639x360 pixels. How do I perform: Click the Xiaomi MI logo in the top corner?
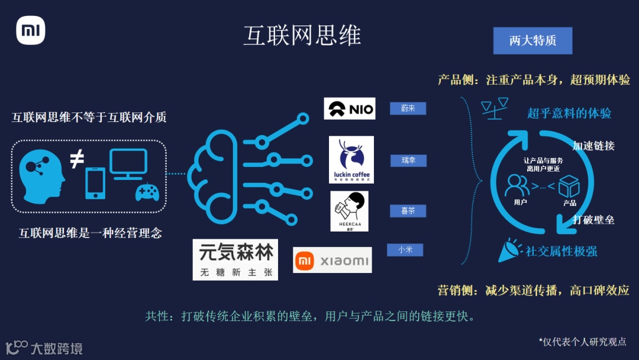(30, 31)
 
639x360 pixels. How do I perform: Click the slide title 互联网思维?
(302, 36)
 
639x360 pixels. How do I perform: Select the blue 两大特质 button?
(532, 41)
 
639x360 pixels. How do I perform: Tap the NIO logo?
(350, 109)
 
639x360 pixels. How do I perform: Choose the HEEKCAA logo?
(349, 211)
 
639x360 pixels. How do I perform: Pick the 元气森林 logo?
(235, 259)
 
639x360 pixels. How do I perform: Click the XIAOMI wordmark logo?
(333, 261)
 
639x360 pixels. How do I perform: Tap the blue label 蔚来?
(408, 108)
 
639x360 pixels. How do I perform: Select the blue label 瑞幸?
(408, 160)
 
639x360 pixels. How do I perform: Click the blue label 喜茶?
(408, 211)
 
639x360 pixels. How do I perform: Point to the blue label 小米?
(405, 250)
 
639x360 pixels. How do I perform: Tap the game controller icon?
(147, 192)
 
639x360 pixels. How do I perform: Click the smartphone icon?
(95, 184)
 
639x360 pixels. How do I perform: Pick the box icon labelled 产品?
(569, 187)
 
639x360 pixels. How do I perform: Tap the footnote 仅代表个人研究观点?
(582, 342)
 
